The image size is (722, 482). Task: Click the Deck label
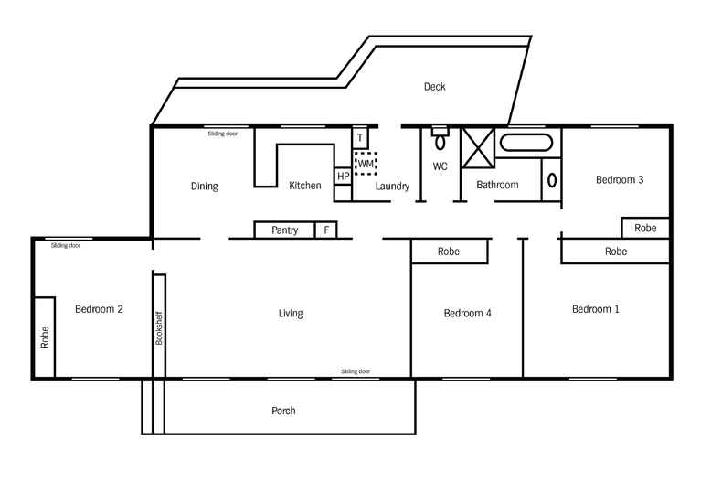[434, 87]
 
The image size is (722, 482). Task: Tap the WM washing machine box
[366, 164]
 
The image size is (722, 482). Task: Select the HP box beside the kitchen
[343, 176]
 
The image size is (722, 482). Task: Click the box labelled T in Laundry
[360, 138]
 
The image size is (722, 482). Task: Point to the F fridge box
[326, 230]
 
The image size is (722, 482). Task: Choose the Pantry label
[285, 230]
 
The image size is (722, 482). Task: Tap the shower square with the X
[478, 148]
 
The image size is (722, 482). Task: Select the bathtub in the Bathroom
[526, 143]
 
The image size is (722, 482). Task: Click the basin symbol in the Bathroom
[551, 179]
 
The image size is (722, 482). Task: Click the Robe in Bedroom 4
[448, 251]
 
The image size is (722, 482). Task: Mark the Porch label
[283, 411]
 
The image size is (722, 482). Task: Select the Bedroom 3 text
[620, 180]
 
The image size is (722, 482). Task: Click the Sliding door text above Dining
[222, 134]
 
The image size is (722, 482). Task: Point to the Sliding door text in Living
[356, 371]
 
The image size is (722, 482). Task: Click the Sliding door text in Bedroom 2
[65, 246]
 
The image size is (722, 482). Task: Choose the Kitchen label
[304, 186]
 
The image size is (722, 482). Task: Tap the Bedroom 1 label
[595, 309]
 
